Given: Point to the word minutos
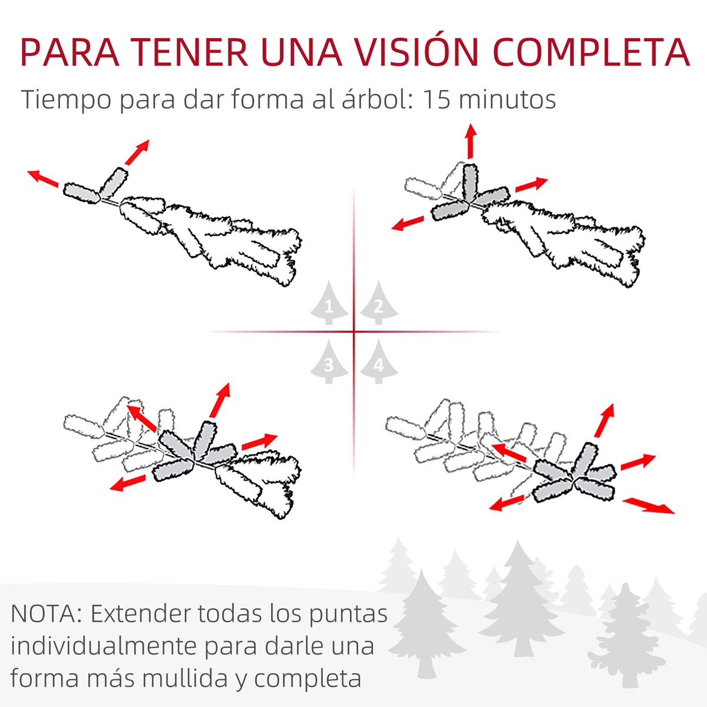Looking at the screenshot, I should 507,99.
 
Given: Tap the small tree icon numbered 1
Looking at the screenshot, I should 329,303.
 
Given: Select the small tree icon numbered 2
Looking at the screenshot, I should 379,303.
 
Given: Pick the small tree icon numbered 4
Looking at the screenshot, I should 379,361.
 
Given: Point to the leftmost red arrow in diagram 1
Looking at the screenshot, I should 43,178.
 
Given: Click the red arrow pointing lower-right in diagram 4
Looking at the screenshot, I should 648,506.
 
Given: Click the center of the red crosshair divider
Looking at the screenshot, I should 354,332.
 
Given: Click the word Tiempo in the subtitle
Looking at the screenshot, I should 66,100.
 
